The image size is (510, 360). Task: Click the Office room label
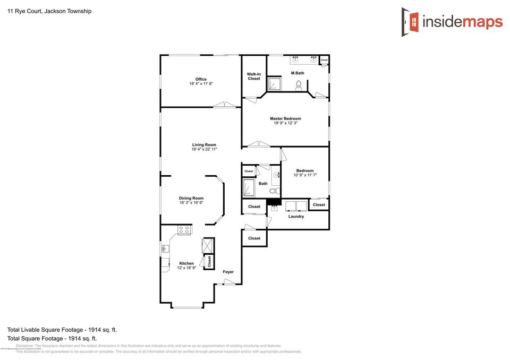coord(201,79)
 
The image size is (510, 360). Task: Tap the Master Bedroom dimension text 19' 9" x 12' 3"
coord(285,123)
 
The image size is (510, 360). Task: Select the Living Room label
coord(204,144)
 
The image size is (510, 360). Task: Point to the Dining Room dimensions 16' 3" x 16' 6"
coord(191,203)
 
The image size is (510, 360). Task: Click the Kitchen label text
coord(186,263)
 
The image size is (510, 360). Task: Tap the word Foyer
coord(228,272)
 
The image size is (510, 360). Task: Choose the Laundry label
coord(296,216)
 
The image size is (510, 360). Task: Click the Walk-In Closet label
coord(254,76)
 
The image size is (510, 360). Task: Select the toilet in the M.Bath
coord(299,84)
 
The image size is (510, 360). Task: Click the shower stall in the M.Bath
coord(274,84)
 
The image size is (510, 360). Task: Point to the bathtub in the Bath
coord(249,188)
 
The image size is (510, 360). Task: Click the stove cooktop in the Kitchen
coord(184,230)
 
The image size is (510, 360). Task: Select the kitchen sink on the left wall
coord(164,248)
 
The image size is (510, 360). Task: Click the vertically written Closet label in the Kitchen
coord(209,261)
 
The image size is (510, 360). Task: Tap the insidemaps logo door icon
coord(410,22)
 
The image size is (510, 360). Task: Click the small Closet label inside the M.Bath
coord(324,61)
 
